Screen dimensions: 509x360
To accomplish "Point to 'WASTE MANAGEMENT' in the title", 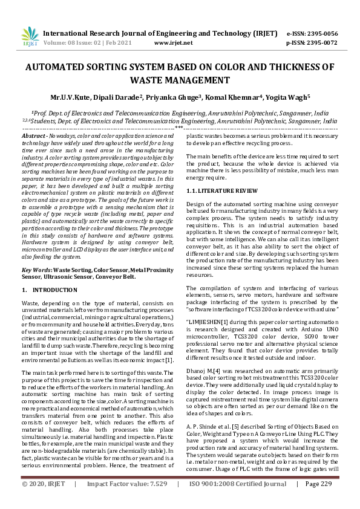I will (x=180, y=80).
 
